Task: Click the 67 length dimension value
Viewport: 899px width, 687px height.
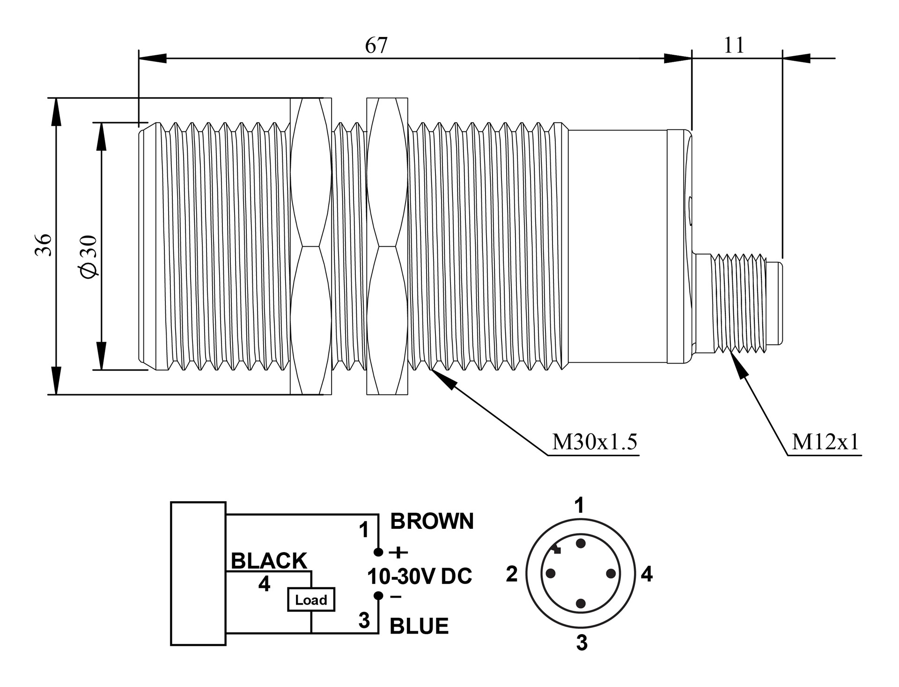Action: click(376, 46)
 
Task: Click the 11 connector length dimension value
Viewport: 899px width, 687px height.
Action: click(734, 46)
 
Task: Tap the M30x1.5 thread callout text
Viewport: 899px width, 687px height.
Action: click(595, 442)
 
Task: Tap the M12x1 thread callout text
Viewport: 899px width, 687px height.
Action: click(825, 442)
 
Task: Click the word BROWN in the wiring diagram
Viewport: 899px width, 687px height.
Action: click(432, 521)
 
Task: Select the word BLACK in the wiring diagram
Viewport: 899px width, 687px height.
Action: click(269, 561)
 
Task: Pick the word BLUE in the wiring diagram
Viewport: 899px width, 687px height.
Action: click(419, 626)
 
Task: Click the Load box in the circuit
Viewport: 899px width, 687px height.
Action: click(311, 599)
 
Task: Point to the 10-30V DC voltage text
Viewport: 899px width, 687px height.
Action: click(420, 577)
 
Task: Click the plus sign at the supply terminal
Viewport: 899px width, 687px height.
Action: click(398, 553)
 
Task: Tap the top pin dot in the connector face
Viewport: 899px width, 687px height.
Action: click(581, 543)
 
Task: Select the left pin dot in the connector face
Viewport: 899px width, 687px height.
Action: click(551, 573)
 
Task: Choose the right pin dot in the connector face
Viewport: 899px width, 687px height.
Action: click(611, 573)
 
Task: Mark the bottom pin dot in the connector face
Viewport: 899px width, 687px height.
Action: click(581, 604)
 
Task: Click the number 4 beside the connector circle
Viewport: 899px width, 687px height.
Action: click(647, 574)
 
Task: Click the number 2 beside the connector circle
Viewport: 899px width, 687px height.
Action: click(512, 574)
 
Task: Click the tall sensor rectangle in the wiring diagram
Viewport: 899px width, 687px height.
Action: click(198, 574)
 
